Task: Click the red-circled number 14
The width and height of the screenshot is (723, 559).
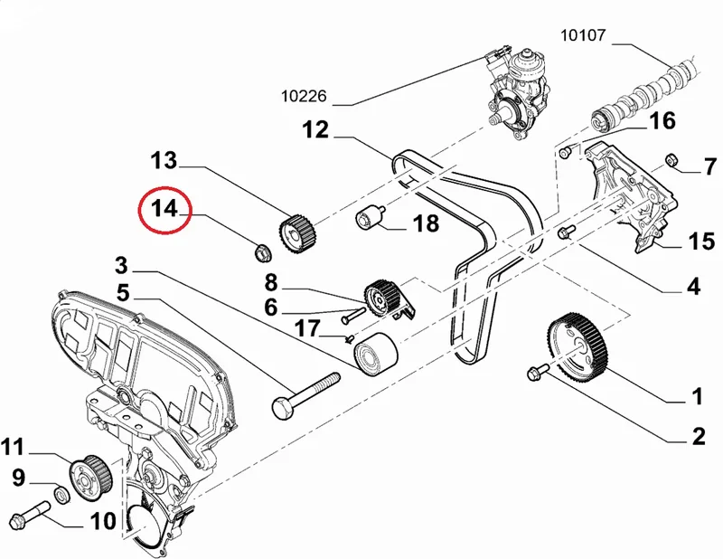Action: point(164,209)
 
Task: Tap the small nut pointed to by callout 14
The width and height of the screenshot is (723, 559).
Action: point(263,251)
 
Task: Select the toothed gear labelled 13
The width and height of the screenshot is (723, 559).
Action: point(297,234)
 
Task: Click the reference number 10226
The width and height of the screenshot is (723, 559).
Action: point(304,96)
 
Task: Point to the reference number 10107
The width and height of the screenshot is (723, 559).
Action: point(582,35)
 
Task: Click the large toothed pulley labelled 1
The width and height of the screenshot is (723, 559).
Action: point(578,345)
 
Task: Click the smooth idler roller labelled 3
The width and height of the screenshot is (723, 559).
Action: point(375,354)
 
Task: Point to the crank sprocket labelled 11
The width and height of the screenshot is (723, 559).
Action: point(90,478)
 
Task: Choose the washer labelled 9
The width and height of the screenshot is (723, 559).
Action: point(61,494)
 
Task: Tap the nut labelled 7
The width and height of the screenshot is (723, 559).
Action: point(671,160)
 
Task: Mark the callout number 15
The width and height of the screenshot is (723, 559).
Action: point(702,241)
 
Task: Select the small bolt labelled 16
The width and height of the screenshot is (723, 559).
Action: point(567,151)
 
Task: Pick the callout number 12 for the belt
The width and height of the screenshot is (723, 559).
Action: point(315,129)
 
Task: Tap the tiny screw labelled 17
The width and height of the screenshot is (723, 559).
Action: point(350,339)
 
